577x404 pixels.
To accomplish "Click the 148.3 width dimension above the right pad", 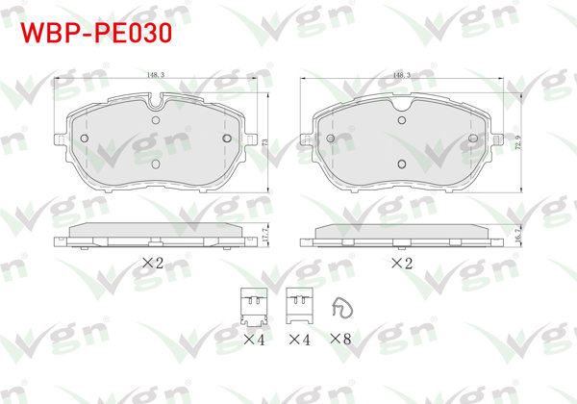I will click(x=401, y=74).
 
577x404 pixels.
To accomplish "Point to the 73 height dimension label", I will click(x=264, y=140).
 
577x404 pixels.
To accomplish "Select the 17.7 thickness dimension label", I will click(x=263, y=233).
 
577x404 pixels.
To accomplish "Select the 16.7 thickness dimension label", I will click(x=520, y=234).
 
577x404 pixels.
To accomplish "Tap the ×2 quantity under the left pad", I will click(x=154, y=263).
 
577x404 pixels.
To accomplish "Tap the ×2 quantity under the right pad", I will click(x=401, y=263).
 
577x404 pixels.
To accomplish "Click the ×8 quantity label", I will click(x=340, y=339).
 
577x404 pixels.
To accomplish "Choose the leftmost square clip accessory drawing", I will click(x=252, y=307).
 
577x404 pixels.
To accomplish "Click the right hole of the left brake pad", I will click(x=227, y=138).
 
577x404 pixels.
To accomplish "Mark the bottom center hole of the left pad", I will click(x=156, y=163).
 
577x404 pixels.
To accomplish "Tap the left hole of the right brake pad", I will click(x=331, y=139).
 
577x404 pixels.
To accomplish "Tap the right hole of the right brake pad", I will click(x=473, y=139).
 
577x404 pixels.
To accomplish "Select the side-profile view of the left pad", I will click(x=155, y=233).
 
